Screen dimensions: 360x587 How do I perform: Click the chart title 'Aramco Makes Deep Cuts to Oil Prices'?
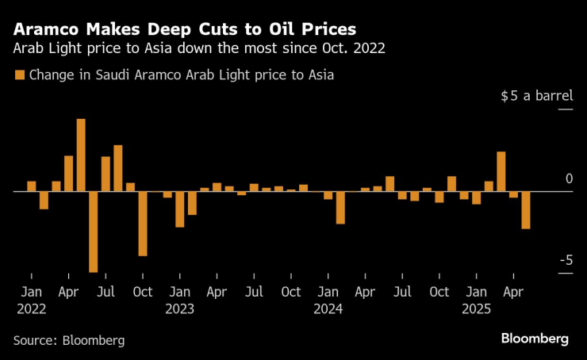tap(184, 29)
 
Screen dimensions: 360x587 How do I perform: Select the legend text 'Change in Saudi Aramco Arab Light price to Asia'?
tap(181, 75)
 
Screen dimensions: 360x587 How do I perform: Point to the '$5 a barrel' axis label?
tap(536, 96)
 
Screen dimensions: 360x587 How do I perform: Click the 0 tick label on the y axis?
tap(568, 179)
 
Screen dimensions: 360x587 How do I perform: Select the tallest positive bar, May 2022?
tap(81, 155)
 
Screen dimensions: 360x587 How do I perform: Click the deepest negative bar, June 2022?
tap(94, 232)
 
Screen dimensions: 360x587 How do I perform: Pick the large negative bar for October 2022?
tap(143, 223)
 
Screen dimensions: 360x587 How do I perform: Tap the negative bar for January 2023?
tap(180, 209)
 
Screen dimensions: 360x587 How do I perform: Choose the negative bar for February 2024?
tap(340, 207)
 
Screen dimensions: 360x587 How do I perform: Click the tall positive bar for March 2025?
tap(501, 171)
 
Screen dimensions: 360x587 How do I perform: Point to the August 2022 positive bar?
tap(118, 168)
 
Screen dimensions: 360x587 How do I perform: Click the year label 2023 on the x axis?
tap(180, 309)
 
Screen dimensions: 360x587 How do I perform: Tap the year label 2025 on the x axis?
tap(477, 309)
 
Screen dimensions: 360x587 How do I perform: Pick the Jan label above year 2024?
tap(328, 292)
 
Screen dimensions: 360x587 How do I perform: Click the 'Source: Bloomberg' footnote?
tap(69, 339)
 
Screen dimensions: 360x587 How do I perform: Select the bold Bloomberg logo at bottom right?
tap(534, 339)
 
